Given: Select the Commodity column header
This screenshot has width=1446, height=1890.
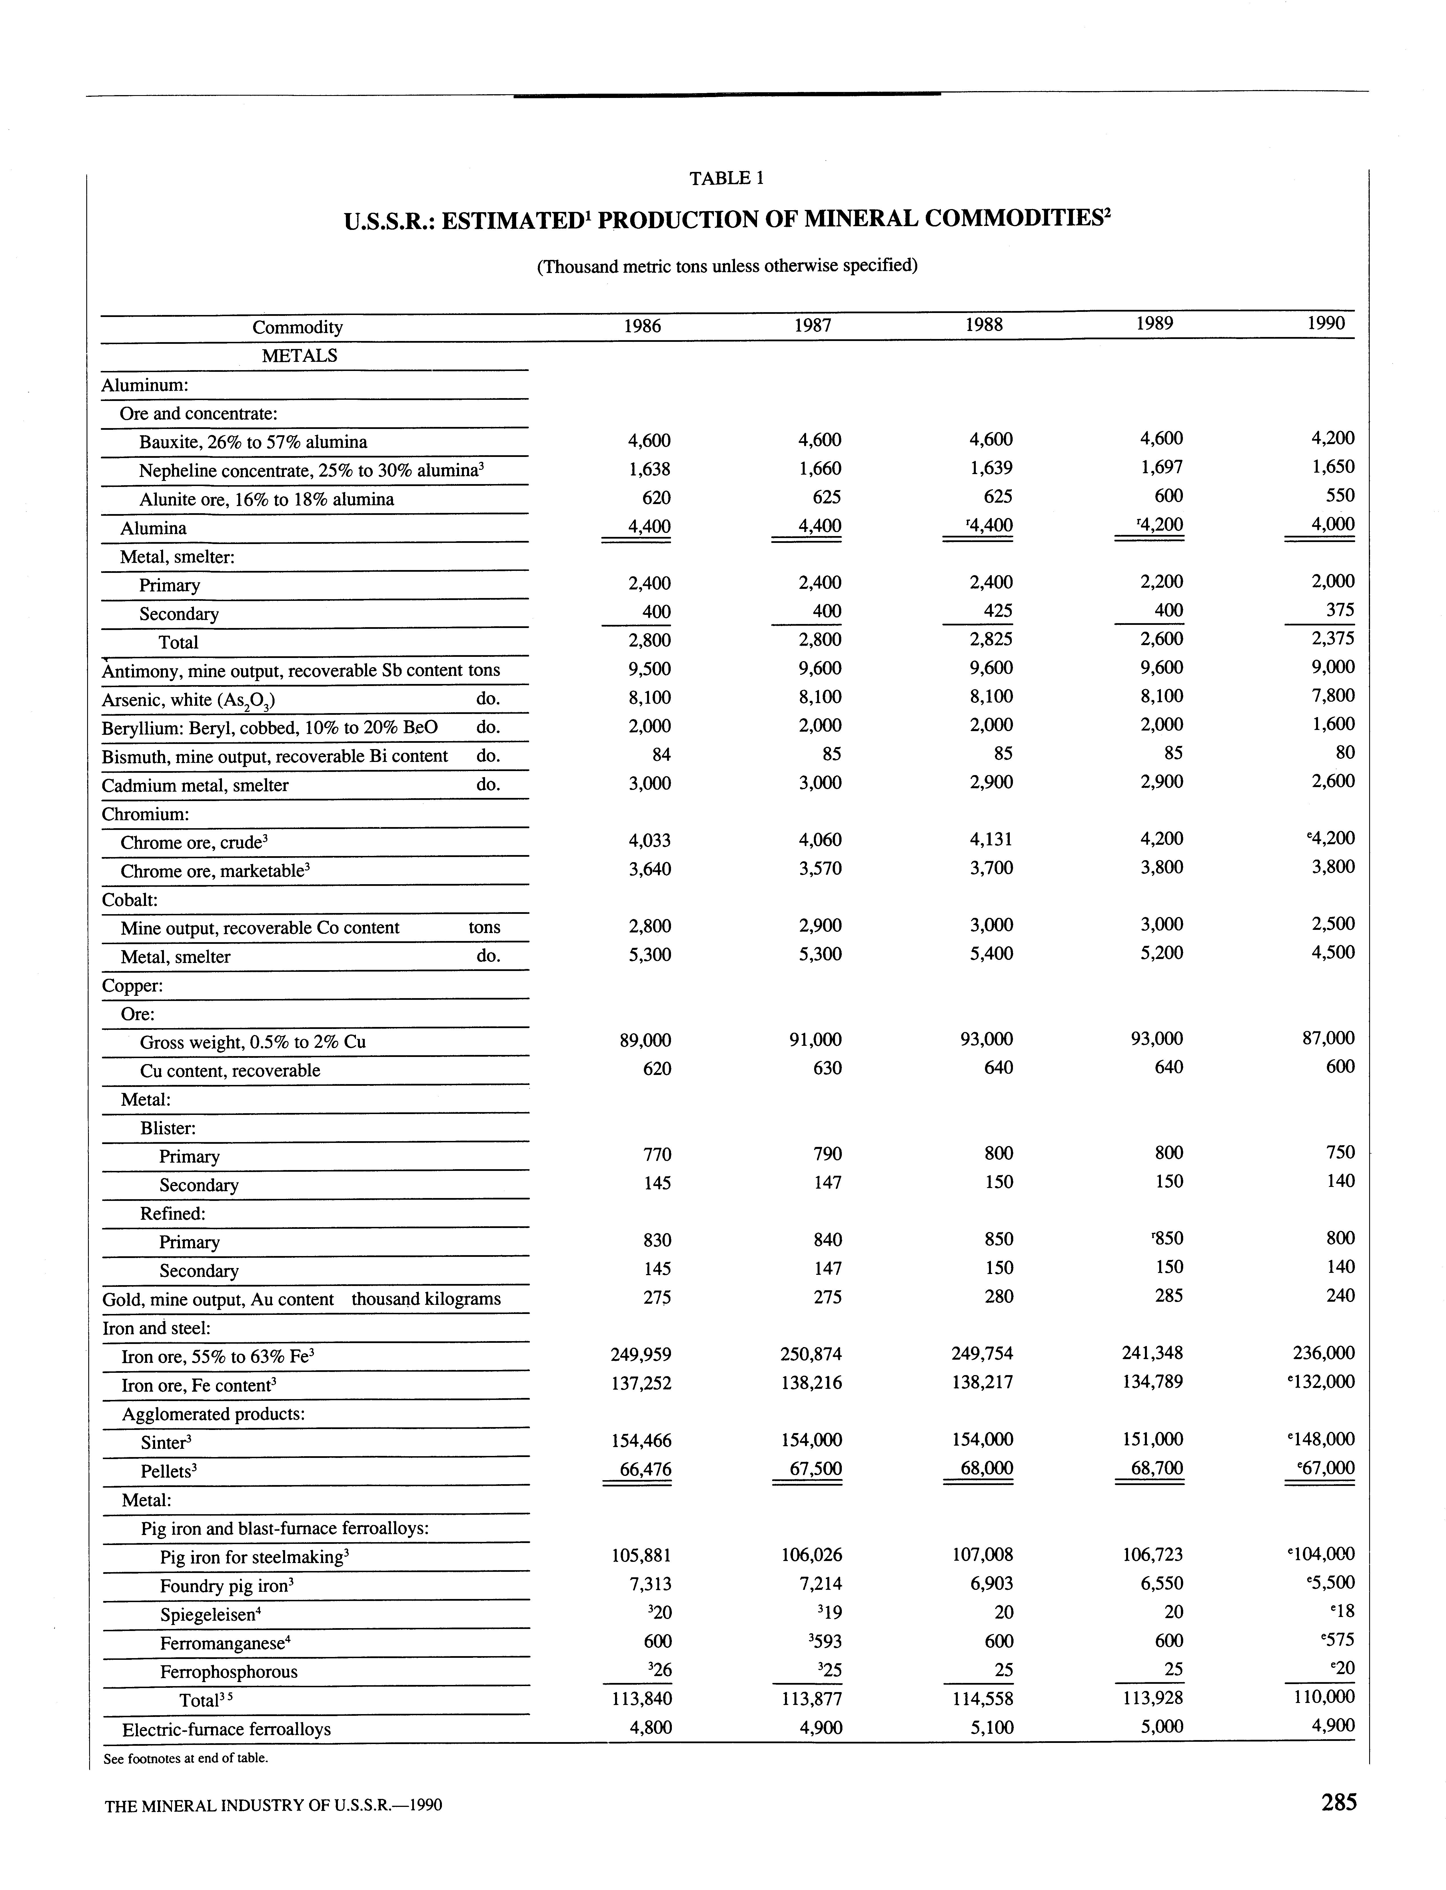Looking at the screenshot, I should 297,327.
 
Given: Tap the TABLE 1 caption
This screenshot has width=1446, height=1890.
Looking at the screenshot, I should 726,178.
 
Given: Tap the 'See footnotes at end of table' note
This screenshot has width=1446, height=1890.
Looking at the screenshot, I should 186,1757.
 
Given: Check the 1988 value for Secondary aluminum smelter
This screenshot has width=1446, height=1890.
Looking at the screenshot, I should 998,611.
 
